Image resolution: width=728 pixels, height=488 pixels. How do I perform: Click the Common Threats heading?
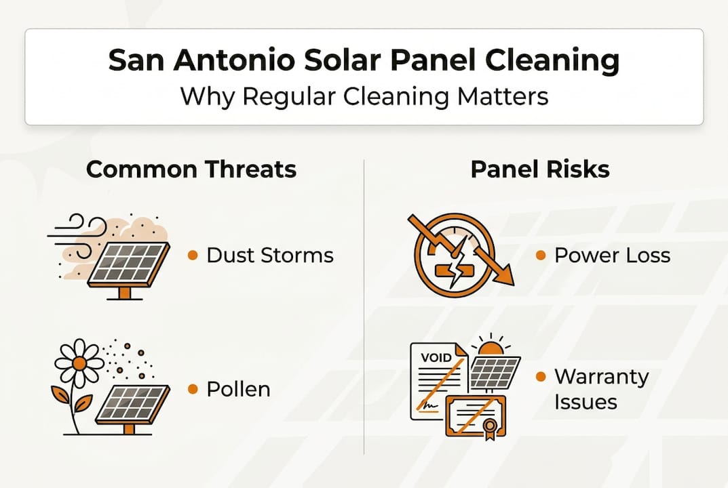click(191, 169)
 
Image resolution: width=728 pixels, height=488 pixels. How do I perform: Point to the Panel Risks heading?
click(540, 169)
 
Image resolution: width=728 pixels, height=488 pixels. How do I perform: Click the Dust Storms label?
click(270, 255)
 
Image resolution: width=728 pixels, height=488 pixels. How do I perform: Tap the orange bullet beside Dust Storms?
click(193, 256)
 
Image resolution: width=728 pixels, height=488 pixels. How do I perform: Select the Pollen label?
click(238, 389)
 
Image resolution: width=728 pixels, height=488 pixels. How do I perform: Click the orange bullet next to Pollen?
click(193, 389)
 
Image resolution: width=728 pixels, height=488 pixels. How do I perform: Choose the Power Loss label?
click(612, 255)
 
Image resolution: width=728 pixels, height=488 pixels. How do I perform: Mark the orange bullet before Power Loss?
click(541, 256)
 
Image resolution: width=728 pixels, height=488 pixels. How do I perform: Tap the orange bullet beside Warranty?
click(541, 377)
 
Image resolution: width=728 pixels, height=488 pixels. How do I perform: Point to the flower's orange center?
click(79, 363)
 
